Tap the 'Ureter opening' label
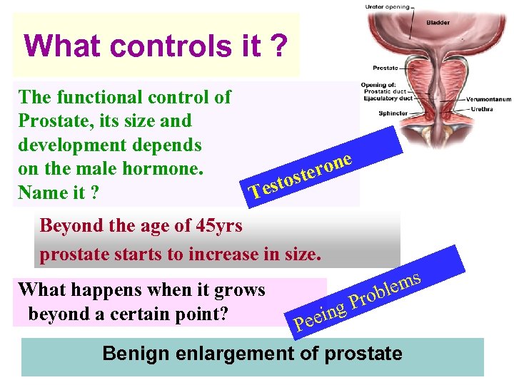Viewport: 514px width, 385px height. tap(388, 7)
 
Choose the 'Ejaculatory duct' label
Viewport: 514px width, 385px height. tap(389, 99)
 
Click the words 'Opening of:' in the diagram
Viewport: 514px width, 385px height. tap(378, 83)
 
